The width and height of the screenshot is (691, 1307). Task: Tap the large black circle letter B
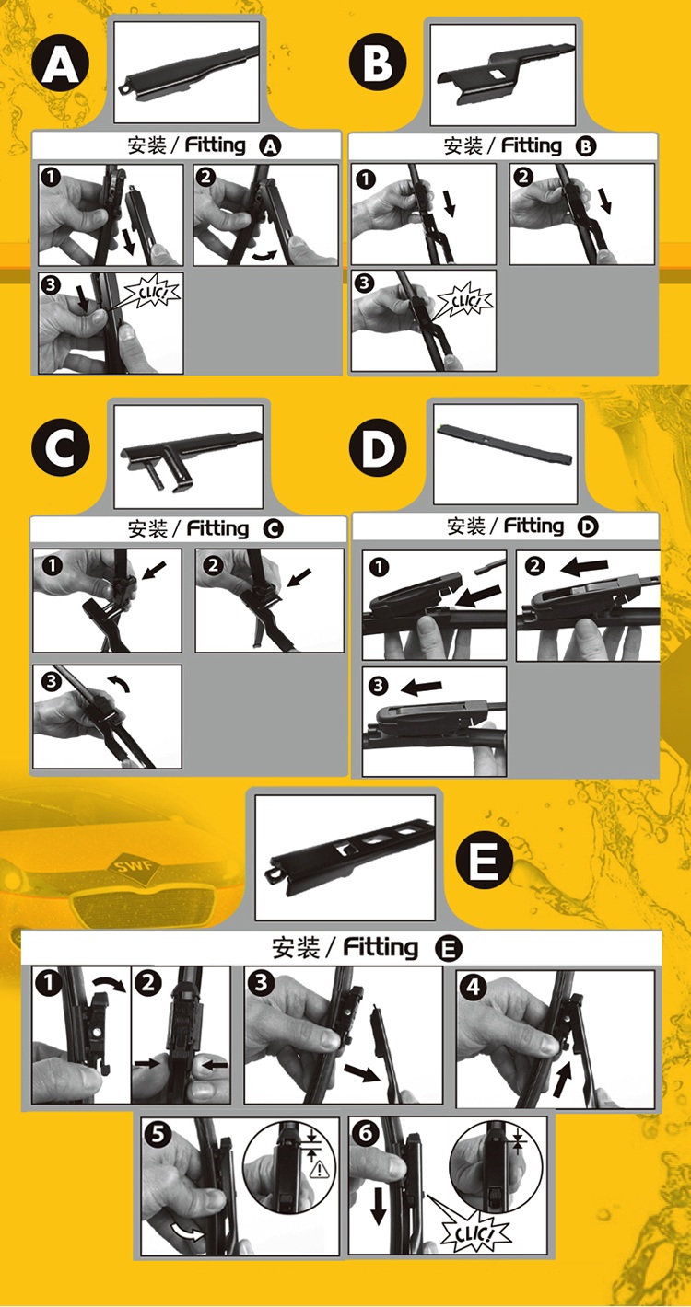point(378,63)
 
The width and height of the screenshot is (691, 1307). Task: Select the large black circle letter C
point(61,448)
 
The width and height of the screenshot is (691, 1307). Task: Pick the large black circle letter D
point(378,448)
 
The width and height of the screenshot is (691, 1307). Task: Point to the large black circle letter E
point(484,860)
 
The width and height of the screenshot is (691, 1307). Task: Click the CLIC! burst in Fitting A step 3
point(153,294)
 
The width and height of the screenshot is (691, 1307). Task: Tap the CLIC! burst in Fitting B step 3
point(465,302)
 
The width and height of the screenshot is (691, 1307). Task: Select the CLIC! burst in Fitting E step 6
point(475,1233)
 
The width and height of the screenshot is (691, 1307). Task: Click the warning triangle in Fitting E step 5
point(320,1169)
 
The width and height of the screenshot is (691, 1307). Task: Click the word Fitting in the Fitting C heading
point(217,528)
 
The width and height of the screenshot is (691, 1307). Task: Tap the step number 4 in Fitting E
point(474,988)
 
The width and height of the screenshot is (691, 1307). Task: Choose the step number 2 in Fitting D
point(534,565)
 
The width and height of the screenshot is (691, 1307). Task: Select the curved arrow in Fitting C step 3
point(119,684)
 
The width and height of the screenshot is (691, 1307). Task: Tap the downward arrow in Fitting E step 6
point(379,1207)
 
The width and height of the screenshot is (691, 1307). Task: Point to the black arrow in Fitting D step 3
point(422,688)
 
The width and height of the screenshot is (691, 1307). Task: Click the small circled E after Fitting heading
point(449,948)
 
